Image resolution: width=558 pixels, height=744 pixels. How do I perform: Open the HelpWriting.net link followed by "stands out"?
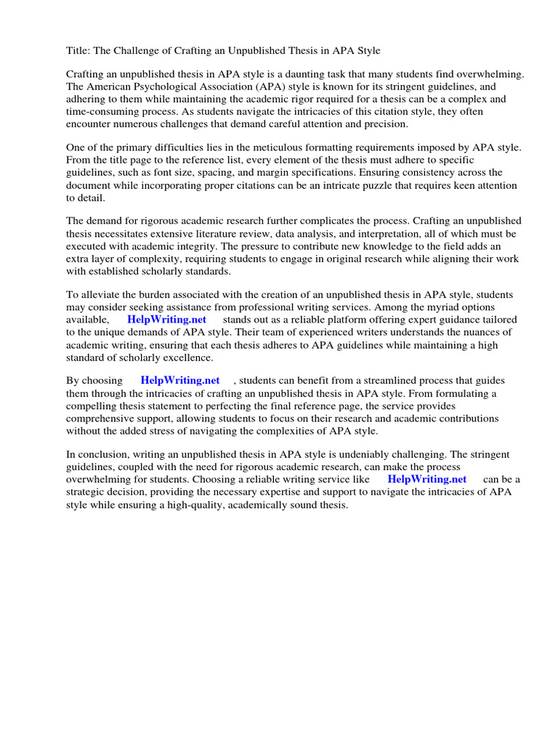coord(166,320)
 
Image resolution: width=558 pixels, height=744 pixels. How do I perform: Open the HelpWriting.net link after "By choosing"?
coord(180,381)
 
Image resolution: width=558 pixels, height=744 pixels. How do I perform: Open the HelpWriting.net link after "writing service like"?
coord(427,480)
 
